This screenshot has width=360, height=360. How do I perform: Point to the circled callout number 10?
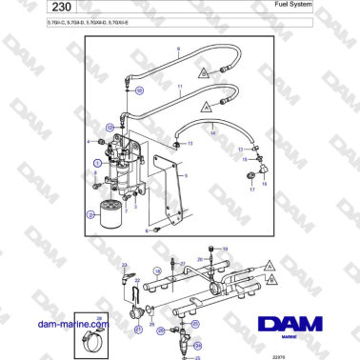pyautogui.click(x=139, y=90)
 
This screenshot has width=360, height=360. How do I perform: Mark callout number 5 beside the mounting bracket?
pyautogui.click(x=187, y=177)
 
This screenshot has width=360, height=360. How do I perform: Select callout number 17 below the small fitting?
pyautogui.click(x=253, y=190)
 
